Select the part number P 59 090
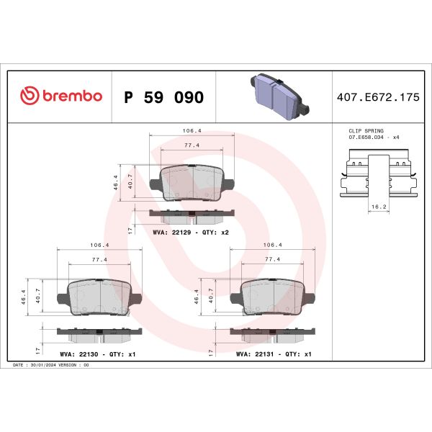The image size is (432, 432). point(164,97)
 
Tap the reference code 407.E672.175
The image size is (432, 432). point(377,97)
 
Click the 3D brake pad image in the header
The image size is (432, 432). point(276,96)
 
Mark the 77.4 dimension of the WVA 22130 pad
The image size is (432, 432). point(99,259)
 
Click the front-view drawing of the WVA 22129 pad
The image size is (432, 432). point(192,184)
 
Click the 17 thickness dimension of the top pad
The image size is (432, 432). point(129,230)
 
